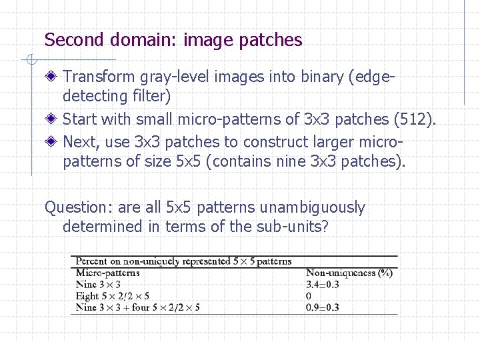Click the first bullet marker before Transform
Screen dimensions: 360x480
(52, 77)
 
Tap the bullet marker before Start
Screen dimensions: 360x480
(52, 120)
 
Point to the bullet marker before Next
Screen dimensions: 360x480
(52, 143)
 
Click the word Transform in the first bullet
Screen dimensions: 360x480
(102, 77)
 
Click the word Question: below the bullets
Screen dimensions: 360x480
(75, 208)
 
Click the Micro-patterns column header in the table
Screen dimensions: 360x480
(108, 273)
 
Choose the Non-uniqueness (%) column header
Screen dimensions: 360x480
(349, 273)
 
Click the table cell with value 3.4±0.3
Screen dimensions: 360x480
(323, 285)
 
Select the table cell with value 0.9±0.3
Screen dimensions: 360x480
(323, 307)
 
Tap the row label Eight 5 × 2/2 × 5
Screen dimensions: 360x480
(113, 296)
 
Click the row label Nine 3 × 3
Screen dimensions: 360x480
(98, 285)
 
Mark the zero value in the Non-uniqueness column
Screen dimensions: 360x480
(309, 296)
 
